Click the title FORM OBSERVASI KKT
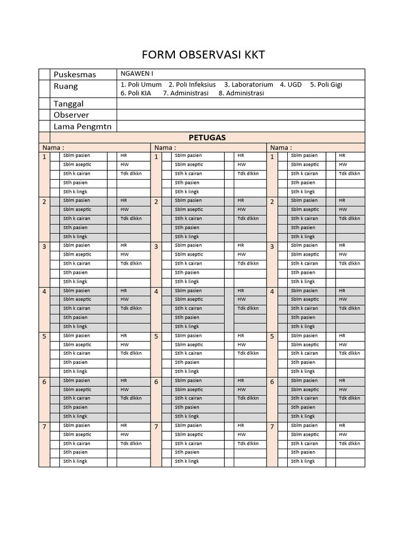pos(203,55)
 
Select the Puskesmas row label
pos(75,74)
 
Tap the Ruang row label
pos(65,86)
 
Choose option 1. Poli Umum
pos(141,84)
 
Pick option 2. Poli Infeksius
pos(192,84)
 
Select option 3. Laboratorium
pos(249,84)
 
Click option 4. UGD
pos(291,84)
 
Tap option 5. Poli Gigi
pos(326,84)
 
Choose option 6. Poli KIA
pos(136,93)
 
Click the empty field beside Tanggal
pos(241,103)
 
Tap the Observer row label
pos(71,115)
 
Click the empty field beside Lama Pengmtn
pos(241,126)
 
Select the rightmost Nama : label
pos(281,147)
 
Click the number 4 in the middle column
pos(156,292)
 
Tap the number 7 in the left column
pos(45,427)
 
